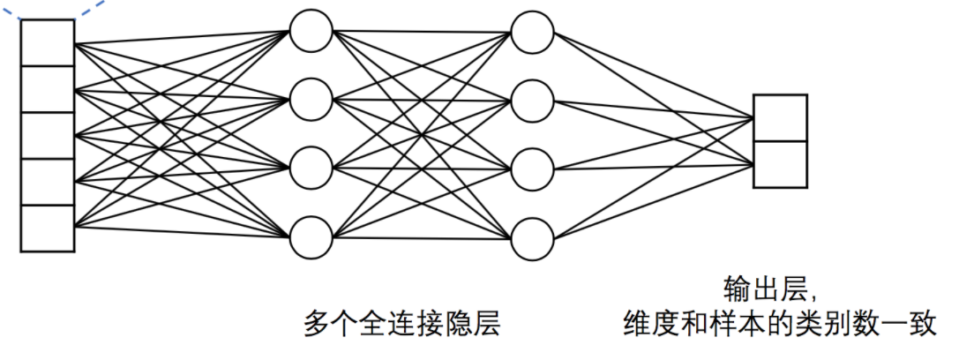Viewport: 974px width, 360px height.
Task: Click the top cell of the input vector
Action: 48,43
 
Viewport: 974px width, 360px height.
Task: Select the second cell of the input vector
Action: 48,89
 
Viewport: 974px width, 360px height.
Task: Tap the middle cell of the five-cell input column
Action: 48,136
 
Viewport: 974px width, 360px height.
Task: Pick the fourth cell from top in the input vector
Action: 48,182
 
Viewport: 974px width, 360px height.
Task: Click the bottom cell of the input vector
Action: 48,229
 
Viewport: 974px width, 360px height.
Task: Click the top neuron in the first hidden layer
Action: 311,31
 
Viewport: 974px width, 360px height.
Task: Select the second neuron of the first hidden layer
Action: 311,100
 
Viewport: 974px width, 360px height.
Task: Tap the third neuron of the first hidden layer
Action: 311,168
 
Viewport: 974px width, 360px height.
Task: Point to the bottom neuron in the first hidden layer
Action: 311,236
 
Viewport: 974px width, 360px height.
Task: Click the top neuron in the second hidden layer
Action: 532,31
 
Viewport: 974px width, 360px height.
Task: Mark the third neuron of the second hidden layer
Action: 532,168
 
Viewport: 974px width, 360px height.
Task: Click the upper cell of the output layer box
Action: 780,118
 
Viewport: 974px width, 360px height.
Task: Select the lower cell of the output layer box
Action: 780,164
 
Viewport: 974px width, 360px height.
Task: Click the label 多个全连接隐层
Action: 401,325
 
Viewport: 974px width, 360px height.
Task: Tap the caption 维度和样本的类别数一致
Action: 779,325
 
